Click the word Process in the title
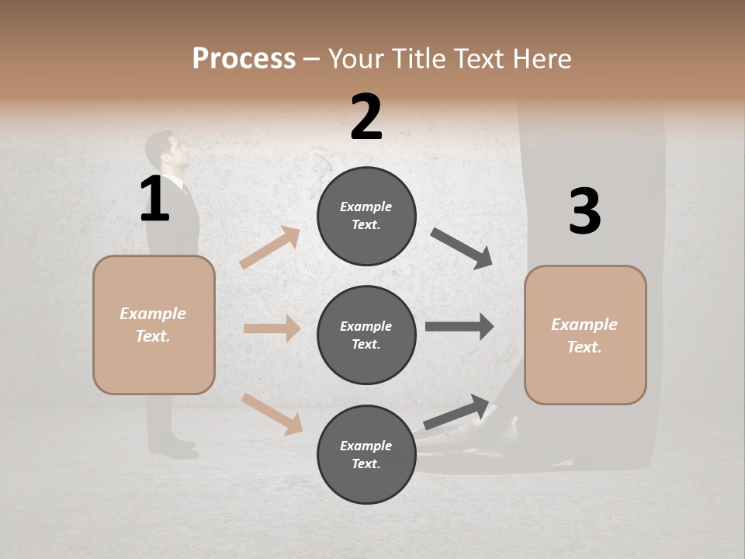pos(244,58)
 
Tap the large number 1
pos(154,200)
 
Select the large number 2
pos(366,117)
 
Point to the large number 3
pos(584,212)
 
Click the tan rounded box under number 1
pos(154,325)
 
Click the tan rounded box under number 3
pos(585,335)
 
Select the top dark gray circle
pos(366,216)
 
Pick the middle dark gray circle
pos(366,335)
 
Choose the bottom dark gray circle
pos(366,454)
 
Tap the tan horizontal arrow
pos(272,328)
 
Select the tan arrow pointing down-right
pos(272,413)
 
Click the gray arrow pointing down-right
pos(463,248)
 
